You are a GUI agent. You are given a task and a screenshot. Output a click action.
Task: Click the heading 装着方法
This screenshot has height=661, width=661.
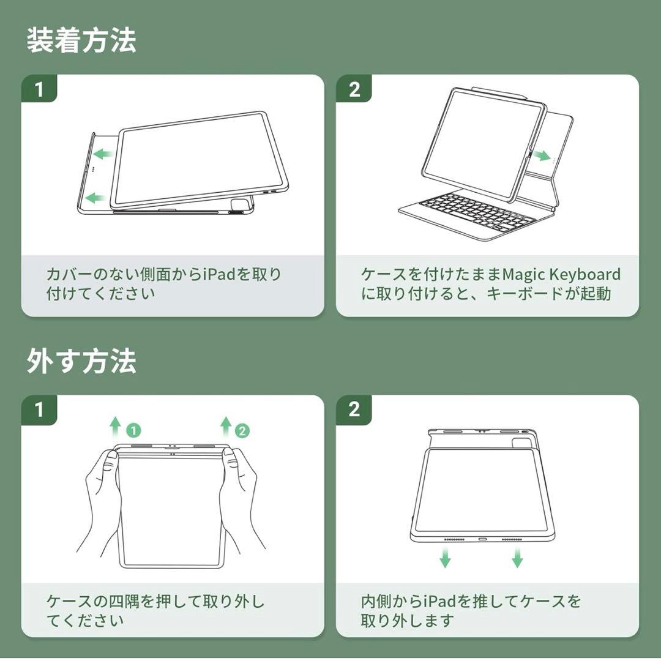pos(81,40)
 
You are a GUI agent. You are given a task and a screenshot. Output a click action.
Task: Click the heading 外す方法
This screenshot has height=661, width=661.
pos(81,361)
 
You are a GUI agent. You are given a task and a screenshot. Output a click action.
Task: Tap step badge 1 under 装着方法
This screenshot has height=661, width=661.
pos(39,89)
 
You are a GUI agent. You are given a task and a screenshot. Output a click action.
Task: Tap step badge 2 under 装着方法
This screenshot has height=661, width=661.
pos(354,89)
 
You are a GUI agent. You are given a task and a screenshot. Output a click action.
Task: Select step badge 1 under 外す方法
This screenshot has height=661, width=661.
pos(39,409)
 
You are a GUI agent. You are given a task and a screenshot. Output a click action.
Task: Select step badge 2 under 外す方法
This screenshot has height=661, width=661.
pos(354,409)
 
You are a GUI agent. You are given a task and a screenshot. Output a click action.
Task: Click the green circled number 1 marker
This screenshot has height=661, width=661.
pos(133,430)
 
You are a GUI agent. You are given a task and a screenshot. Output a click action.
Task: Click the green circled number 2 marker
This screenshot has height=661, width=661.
pos(242,430)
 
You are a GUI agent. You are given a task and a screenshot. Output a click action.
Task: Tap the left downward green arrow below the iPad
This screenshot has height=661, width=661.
pos(445,557)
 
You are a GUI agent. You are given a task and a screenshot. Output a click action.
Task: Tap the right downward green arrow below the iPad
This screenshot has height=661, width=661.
pos(517,557)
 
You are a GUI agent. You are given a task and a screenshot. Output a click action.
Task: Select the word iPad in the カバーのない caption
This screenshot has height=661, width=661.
pos(218,274)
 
